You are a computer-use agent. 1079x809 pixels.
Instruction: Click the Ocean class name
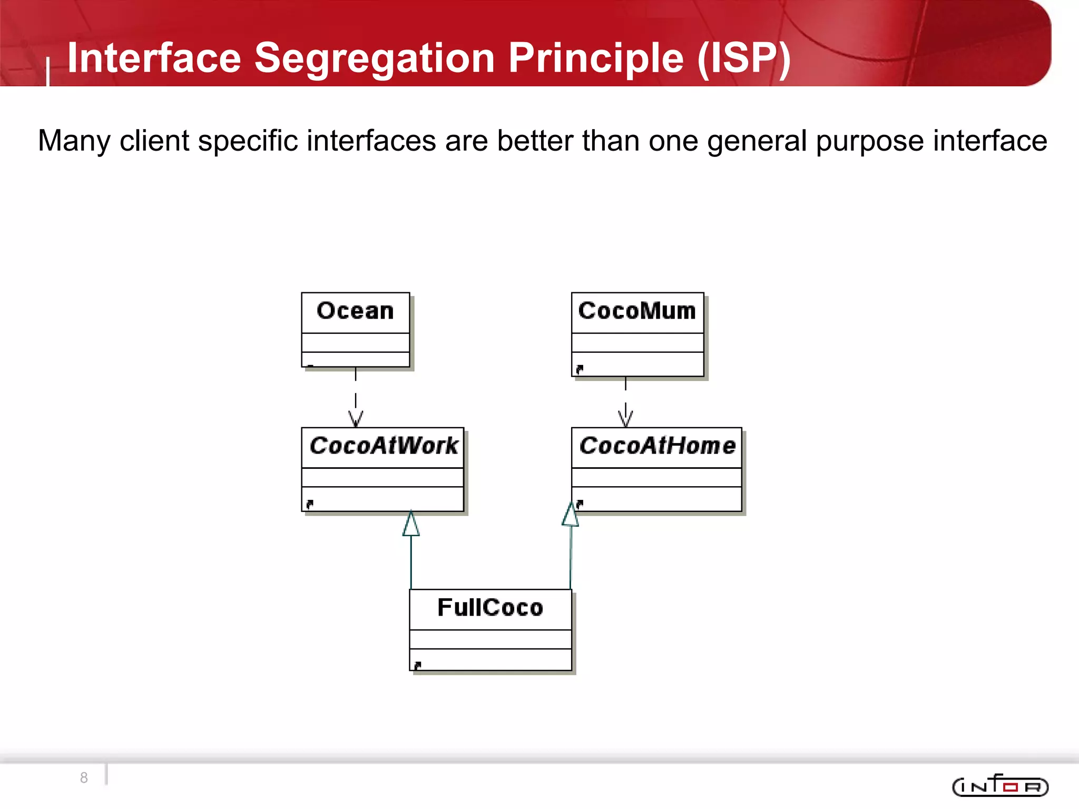tap(355, 311)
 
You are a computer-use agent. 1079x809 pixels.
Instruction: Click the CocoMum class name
tap(637, 311)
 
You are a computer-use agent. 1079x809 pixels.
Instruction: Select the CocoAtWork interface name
tap(384, 446)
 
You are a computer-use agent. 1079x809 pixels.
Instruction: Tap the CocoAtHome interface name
tap(657, 446)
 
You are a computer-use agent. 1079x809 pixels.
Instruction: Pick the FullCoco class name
tap(490, 608)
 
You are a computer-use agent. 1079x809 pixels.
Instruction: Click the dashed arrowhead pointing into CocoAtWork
tap(356, 419)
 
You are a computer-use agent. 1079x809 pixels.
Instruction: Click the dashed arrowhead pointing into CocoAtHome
tap(625, 419)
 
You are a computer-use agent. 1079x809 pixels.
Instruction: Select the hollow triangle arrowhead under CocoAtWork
tap(411, 525)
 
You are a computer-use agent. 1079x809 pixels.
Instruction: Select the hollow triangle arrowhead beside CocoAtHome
tap(571, 515)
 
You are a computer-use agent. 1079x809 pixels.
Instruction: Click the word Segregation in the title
tap(374, 58)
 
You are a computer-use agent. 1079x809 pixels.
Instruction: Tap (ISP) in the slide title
tap(743, 58)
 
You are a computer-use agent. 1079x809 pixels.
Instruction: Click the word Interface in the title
tap(154, 58)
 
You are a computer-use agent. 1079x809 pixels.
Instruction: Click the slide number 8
tap(84, 777)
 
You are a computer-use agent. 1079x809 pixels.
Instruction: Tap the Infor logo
tap(1000, 786)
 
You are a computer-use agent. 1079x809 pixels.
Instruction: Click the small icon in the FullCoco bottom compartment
tap(417, 666)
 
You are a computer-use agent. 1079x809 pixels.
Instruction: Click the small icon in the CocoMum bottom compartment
tap(580, 369)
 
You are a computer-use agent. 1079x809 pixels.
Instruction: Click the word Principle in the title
tap(596, 58)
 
